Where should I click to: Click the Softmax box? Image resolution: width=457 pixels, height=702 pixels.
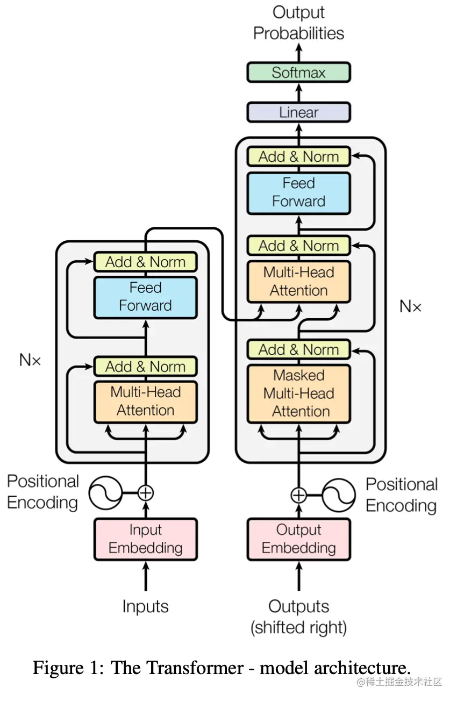tap(298, 73)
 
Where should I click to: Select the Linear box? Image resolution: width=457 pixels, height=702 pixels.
tap(298, 112)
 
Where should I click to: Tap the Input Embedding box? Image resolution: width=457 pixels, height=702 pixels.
tap(145, 539)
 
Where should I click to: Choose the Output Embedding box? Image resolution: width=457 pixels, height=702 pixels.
tap(298, 539)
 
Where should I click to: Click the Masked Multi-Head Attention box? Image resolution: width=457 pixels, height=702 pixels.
tap(298, 393)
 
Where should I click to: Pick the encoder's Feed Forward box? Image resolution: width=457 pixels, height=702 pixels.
tap(145, 297)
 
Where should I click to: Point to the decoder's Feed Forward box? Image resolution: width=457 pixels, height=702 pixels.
tap(298, 192)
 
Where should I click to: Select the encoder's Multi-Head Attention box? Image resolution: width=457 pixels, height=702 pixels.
tap(145, 402)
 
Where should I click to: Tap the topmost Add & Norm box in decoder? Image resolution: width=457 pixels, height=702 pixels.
tap(298, 157)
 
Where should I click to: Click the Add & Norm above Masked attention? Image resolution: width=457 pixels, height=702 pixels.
tap(298, 349)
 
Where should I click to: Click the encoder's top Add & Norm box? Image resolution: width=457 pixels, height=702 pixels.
tap(145, 262)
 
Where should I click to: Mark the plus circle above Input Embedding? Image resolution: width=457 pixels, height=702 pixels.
tap(146, 492)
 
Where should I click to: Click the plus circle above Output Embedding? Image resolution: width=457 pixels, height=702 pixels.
tap(298, 495)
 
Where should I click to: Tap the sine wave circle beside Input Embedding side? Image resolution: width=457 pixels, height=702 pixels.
tap(105, 492)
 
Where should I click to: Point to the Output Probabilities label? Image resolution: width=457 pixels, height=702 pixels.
tap(298, 23)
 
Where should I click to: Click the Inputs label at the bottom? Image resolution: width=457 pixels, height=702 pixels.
tap(145, 606)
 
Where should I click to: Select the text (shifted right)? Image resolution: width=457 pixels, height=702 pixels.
tap(298, 627)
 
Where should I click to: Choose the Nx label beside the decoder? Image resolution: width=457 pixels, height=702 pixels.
tap(410, 306)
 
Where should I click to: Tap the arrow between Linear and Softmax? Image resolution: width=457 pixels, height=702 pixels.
tap(298, 92)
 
